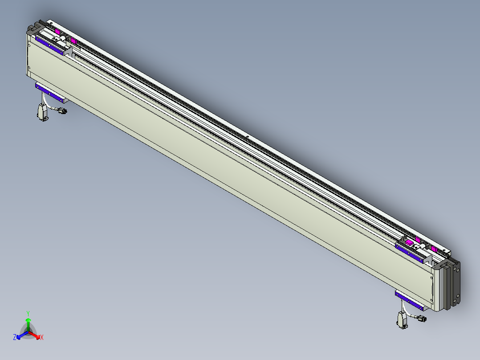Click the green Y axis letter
point(28,313)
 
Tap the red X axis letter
point(42,337)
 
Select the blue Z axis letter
point(15,337)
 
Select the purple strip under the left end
point(49,91)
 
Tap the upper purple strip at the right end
point(410,253)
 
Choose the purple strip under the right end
point(409,300)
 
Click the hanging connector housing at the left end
point(42,111)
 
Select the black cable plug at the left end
point(62,111)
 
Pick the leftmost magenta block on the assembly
point(57,32)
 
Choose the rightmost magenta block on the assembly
point(434,249)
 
